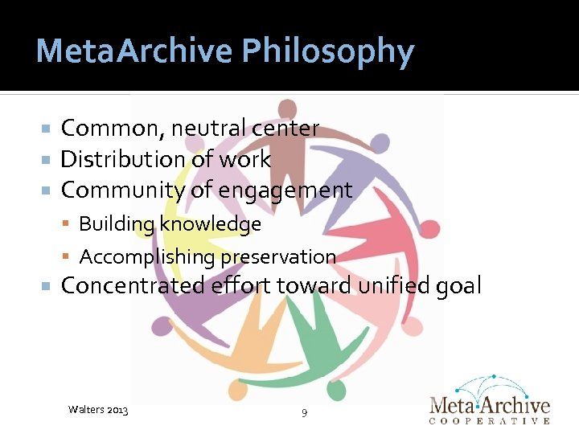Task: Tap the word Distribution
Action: tap(121, 159)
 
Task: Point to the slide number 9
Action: tap(303, 413)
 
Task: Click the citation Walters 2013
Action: tap(99, 410)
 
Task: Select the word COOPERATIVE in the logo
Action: tap(490, 420)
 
